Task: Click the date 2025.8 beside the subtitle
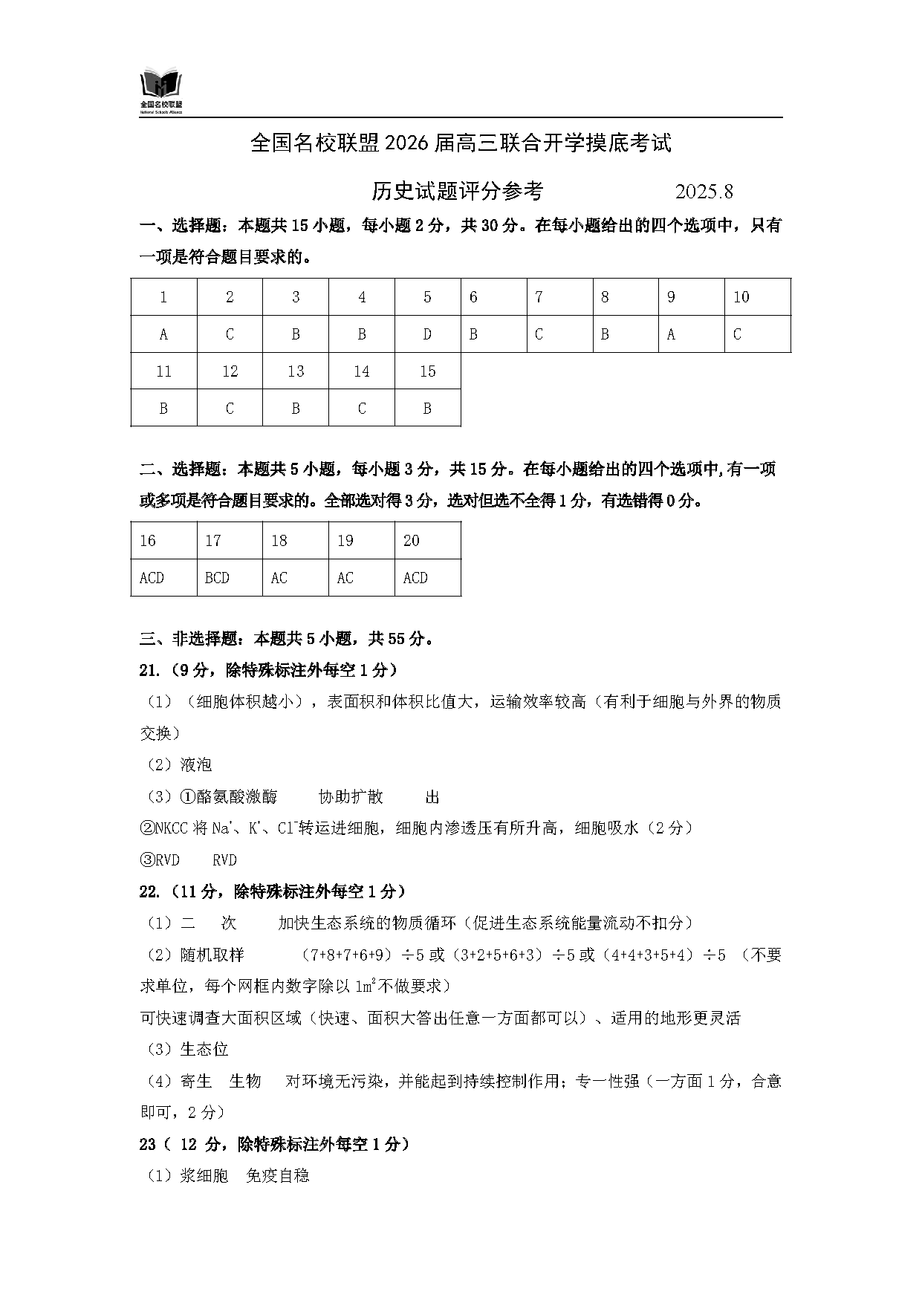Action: click(x=704, y=192)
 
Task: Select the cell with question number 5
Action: click(x=427, y=297)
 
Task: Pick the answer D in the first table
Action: click(x=427, y=334)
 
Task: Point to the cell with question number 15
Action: click(x=427, y=371)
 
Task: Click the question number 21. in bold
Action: click(x=149, y=670)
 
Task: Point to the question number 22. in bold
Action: click(x=149, y=891)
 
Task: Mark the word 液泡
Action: click(x=196, y=765)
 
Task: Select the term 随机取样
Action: click(x=212, y=955)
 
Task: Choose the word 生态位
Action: click(x=204, y=1050)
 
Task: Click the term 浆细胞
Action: click(x=204, y=1176)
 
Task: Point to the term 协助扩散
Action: click(x=351, y=797)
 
